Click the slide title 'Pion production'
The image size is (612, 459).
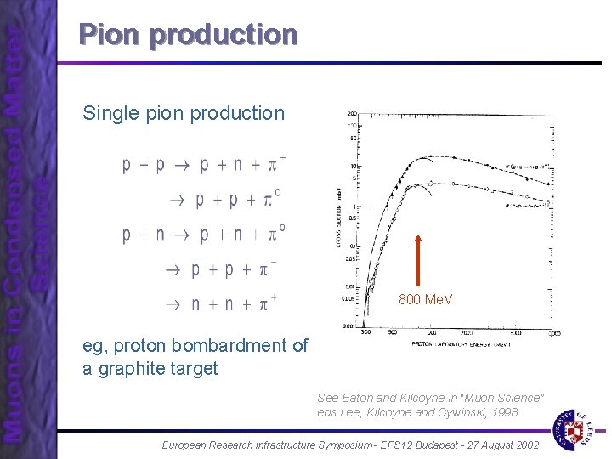(x=188, y=34)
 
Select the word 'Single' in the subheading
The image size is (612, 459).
(x=108, y=113)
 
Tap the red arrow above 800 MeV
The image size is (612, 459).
(x=418, y=259)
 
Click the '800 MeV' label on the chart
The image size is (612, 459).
(x=426, y=299)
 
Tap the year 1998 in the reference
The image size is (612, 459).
(x=501, y=412)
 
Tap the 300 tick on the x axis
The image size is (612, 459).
(x=365, y=332)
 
